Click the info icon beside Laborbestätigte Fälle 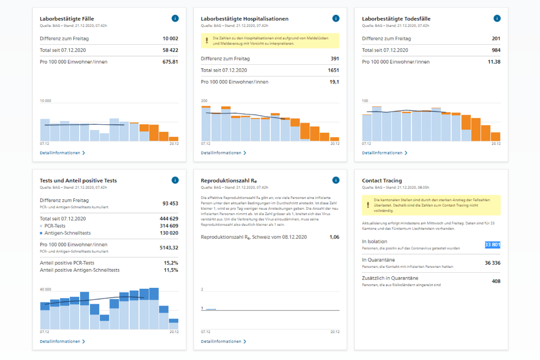coord(175,18)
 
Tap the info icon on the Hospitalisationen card coord(336,18)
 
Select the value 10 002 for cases coord(171,39)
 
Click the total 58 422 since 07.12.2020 coord(171,50)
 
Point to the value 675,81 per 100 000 coord(170,62)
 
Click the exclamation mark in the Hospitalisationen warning coord(207,40)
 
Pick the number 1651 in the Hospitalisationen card coord(333,70)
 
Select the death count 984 coord(496,50)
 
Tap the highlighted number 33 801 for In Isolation coord(492,245)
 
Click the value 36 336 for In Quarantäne coord(492,263)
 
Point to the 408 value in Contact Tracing coord(496,281)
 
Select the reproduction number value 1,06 coord(334,237)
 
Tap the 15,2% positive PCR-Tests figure coord(171,263)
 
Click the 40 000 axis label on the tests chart coord(45,289)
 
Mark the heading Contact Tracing coord(382,181)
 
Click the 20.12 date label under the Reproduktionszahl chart coord(334,332)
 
